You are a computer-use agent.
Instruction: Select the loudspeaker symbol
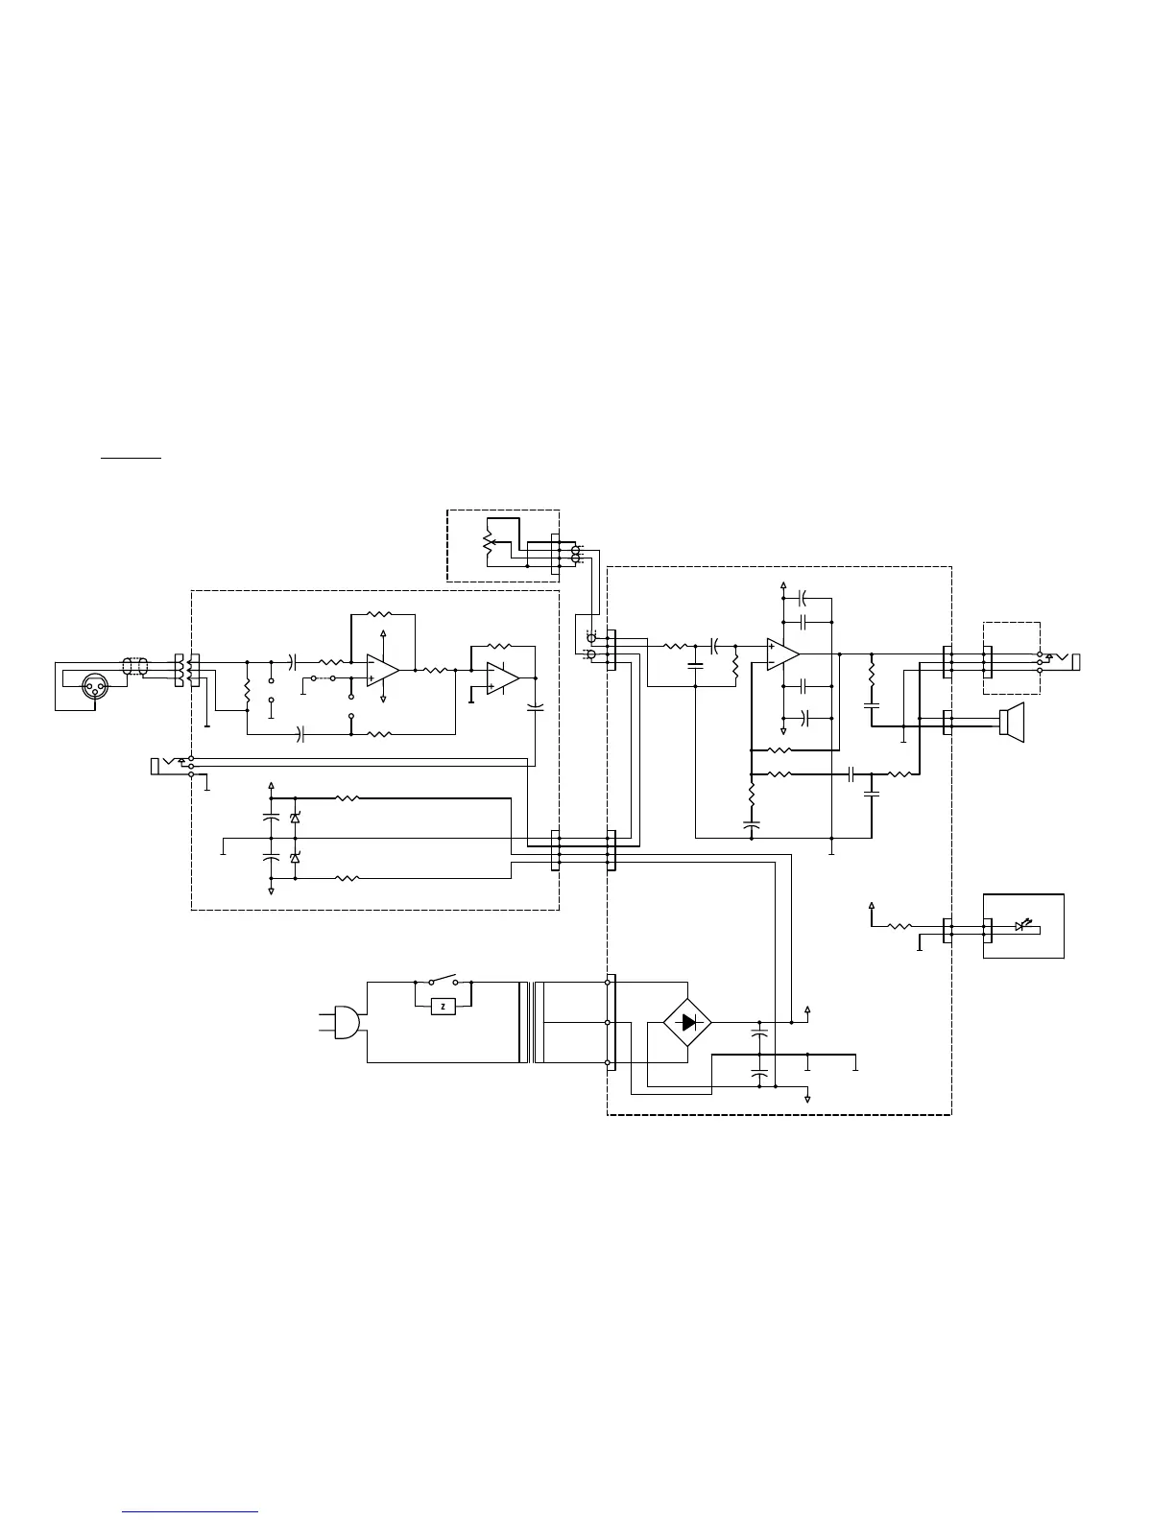(x=1012, y=720)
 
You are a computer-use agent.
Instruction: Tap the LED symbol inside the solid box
(x=1022, y=926)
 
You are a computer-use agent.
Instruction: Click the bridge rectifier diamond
(x=687, y=1022)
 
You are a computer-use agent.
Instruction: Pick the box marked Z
(x=443, y=1006)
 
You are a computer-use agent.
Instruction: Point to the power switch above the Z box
(x=443, y=981)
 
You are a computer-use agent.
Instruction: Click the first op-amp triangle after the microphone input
(x=382, y=671)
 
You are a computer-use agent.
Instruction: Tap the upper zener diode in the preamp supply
(x=294, y=817)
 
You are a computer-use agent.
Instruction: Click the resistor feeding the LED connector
(x=900, y=926)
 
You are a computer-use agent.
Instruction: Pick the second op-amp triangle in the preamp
(x=502, y=677)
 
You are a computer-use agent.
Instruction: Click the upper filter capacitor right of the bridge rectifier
(x=760, y=1036)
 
